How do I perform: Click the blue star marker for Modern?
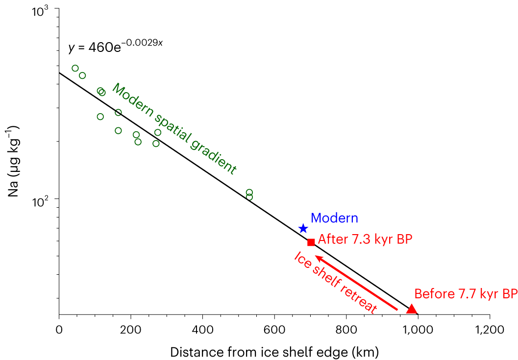coord(303,228)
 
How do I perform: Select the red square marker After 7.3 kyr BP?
coord(311,242)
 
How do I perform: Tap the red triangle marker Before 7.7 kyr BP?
coord(411,309)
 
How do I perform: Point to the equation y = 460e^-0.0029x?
coord(115,47)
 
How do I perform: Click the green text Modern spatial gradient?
coord(174,129)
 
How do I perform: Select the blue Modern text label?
coord(334,218)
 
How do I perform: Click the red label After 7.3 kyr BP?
coord(365,240)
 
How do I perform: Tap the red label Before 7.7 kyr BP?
coord(466,294)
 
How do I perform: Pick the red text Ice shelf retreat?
coord(335,283)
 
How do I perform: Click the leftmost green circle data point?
coord(75,69)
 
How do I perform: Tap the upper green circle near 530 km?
coord(249,192)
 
